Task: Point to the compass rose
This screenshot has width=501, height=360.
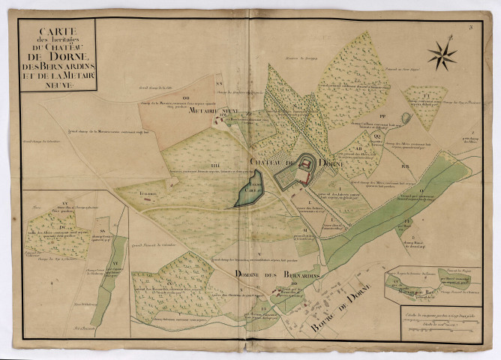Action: pos(442,53)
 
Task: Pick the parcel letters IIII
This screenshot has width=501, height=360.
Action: pos(193,165)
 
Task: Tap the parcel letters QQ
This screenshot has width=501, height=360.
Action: pos(377,136)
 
